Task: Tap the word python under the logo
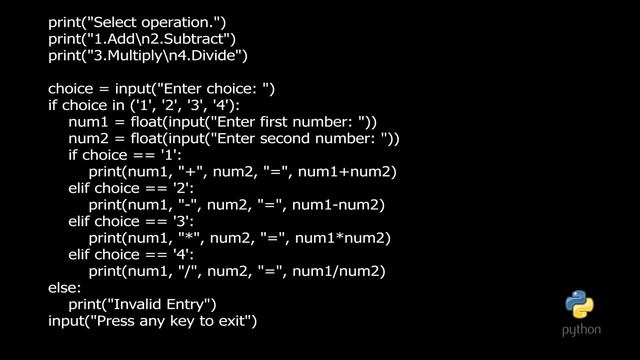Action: coord(581,328)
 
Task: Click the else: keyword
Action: coord(65,288)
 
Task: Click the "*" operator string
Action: coord(187,239)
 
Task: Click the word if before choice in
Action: coord(54,105)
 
